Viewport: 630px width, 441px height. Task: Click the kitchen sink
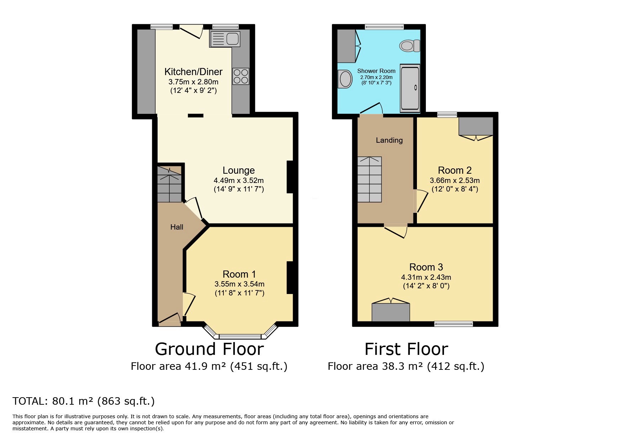click(x=225, y=39)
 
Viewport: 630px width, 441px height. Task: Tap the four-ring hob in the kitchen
click(x=241, y=76)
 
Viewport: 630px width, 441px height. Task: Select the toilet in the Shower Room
click(x=410, y=46)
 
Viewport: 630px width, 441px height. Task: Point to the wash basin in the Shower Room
click(x=344, y=79)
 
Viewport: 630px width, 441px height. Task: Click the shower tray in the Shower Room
click(x=410, y=88)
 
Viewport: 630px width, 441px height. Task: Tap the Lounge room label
click(x=239, y=170)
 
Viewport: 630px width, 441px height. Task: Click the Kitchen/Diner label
click(x=194, y=72)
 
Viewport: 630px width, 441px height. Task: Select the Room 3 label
click(x=426, y=267)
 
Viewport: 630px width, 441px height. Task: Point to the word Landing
click(x=389, y=140)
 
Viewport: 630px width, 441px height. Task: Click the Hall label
click(x=177, y=227)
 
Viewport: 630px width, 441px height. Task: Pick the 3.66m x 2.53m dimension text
click(x=455, y=180)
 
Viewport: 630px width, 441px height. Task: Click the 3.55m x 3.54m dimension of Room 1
click(x=239, y=284)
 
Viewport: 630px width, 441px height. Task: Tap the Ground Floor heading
click(x=209, y=349)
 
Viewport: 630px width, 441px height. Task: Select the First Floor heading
click(x=406, y=349)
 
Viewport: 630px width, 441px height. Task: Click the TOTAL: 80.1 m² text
click(x=53, y=401)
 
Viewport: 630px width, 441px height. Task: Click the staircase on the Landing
click(x=370, y=179)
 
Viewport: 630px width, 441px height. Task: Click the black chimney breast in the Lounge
click(x=290, y=177)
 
